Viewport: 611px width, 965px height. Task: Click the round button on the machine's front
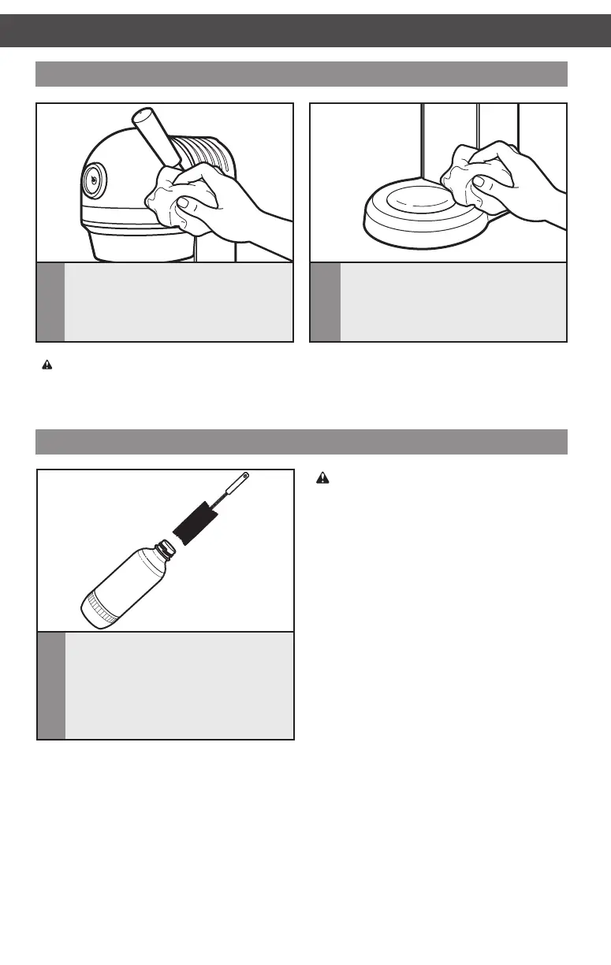pos(94,180)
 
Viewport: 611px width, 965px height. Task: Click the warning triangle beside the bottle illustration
pos(322,477)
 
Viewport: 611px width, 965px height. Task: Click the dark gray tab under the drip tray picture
pos(326,302)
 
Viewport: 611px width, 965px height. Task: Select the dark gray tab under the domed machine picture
pos(51,302)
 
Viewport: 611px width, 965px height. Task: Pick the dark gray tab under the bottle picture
pos(51,685)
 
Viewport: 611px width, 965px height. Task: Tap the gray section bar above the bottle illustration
pos(302,442)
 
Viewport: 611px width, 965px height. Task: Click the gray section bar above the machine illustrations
pos(302,73)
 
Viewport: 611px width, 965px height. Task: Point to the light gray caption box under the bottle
pos(179,685)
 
